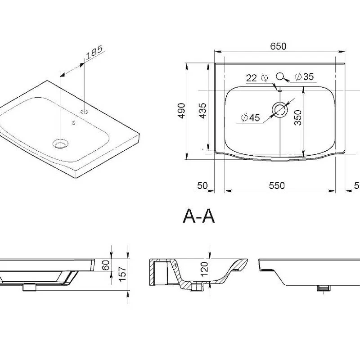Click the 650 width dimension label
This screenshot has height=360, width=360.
278,46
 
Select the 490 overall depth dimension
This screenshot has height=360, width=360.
182,111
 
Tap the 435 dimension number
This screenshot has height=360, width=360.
202,111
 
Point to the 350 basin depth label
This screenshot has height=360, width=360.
298,117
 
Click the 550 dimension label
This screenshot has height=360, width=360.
277,185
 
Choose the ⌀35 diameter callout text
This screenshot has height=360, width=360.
304,76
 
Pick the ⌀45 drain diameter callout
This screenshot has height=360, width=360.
251,118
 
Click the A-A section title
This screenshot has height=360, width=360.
199,216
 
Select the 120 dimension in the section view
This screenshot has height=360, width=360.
204,269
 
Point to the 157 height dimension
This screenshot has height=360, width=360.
122,274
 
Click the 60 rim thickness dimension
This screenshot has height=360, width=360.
106,265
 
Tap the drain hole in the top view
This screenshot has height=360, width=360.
280,109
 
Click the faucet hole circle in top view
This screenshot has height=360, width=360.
280,76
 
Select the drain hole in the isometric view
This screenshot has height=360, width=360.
60,144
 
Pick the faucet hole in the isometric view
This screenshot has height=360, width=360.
84,112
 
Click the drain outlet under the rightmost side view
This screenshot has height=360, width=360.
324,288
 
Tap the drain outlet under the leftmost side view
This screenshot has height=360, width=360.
29,288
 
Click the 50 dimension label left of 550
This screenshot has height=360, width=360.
202,185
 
